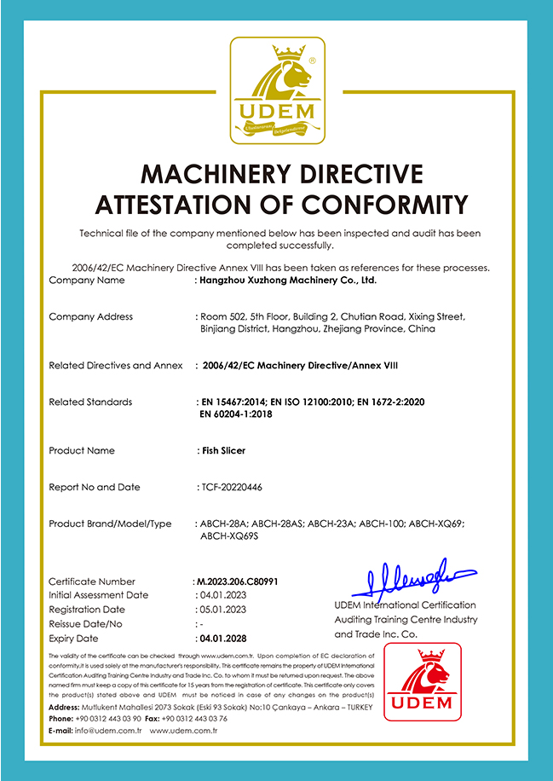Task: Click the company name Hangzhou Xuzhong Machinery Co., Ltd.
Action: coord(288,280)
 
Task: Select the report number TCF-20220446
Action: coord(233,487)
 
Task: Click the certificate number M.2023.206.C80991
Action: coord(239,581)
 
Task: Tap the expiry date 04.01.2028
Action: coord(222,638)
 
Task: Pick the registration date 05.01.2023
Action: coord(222,610)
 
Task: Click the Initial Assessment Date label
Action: coord(99,595)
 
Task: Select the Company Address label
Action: coord(91,316)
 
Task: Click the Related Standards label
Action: coord(90,402)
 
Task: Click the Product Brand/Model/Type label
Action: coord(111,524)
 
